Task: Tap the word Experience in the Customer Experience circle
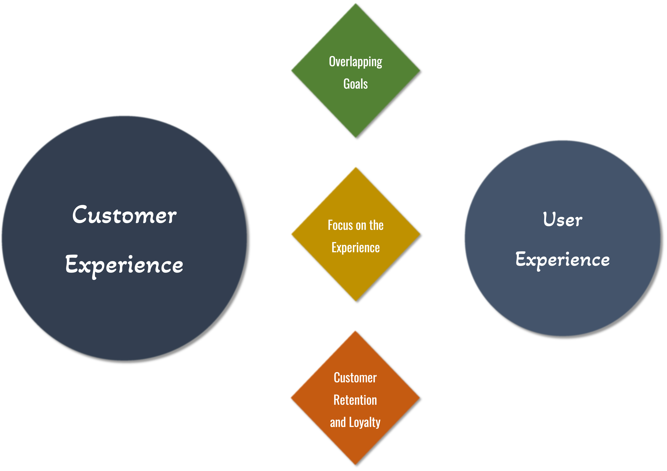point(124,265)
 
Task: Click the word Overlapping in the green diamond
point(356,62)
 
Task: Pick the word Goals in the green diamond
point(356,84)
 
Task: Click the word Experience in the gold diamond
point(356,248)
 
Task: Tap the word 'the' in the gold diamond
point(377,225)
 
